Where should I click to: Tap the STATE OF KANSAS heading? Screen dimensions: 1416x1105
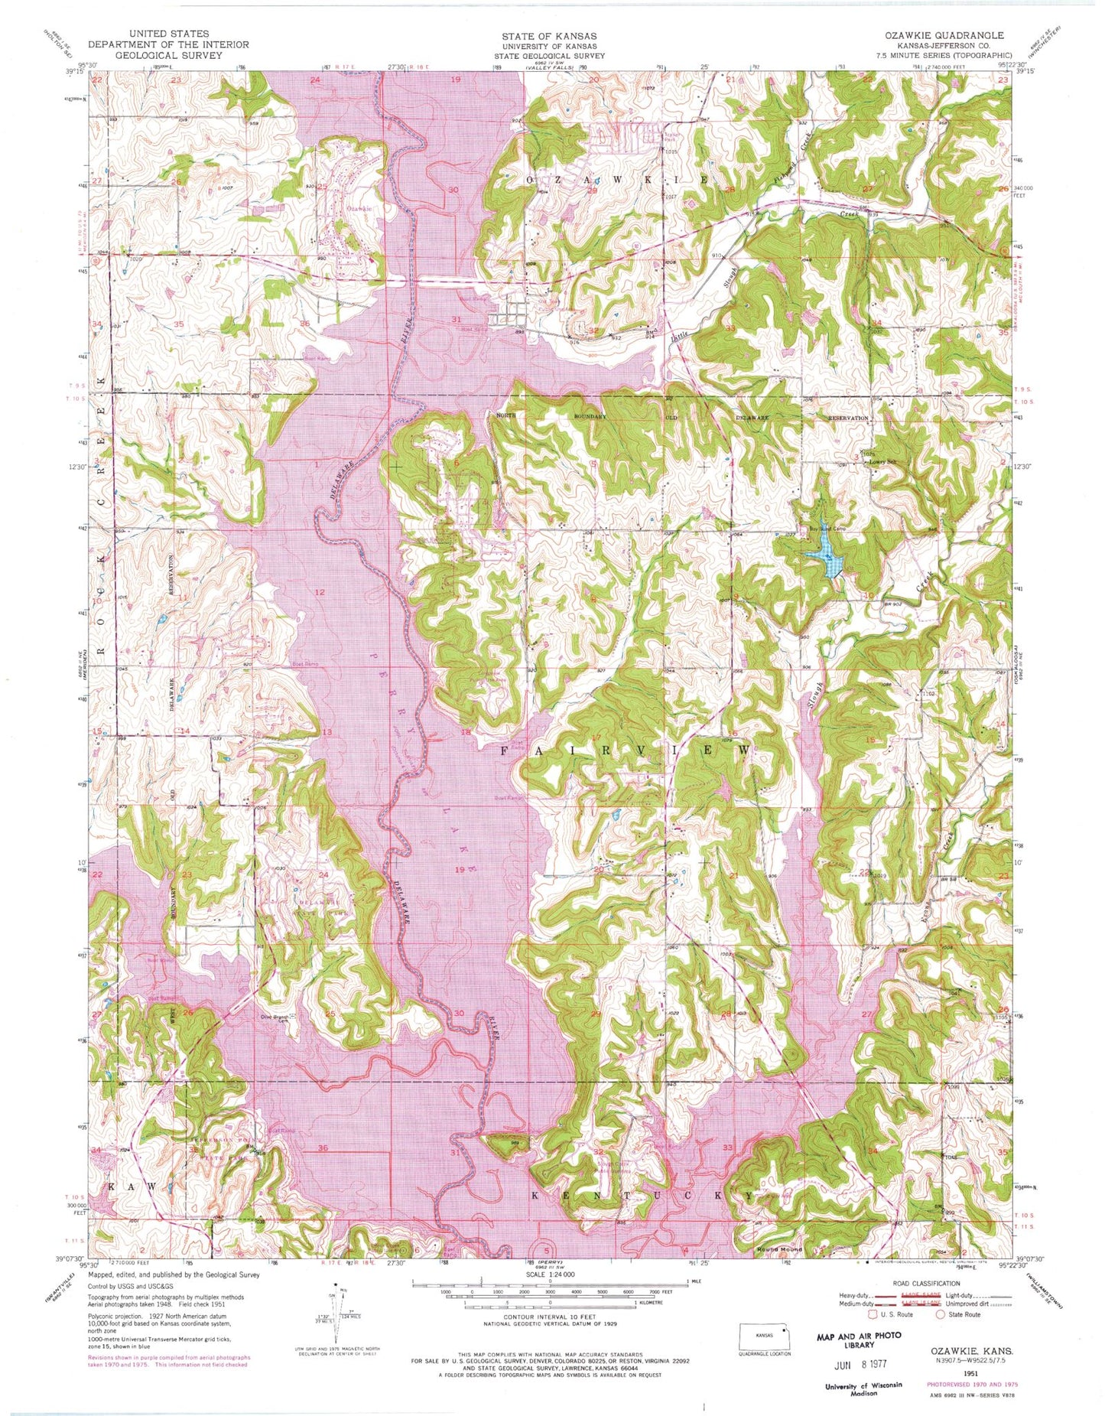549,36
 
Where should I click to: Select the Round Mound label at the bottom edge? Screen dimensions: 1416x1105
779,1249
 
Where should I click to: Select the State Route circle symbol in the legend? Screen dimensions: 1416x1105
941,1314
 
